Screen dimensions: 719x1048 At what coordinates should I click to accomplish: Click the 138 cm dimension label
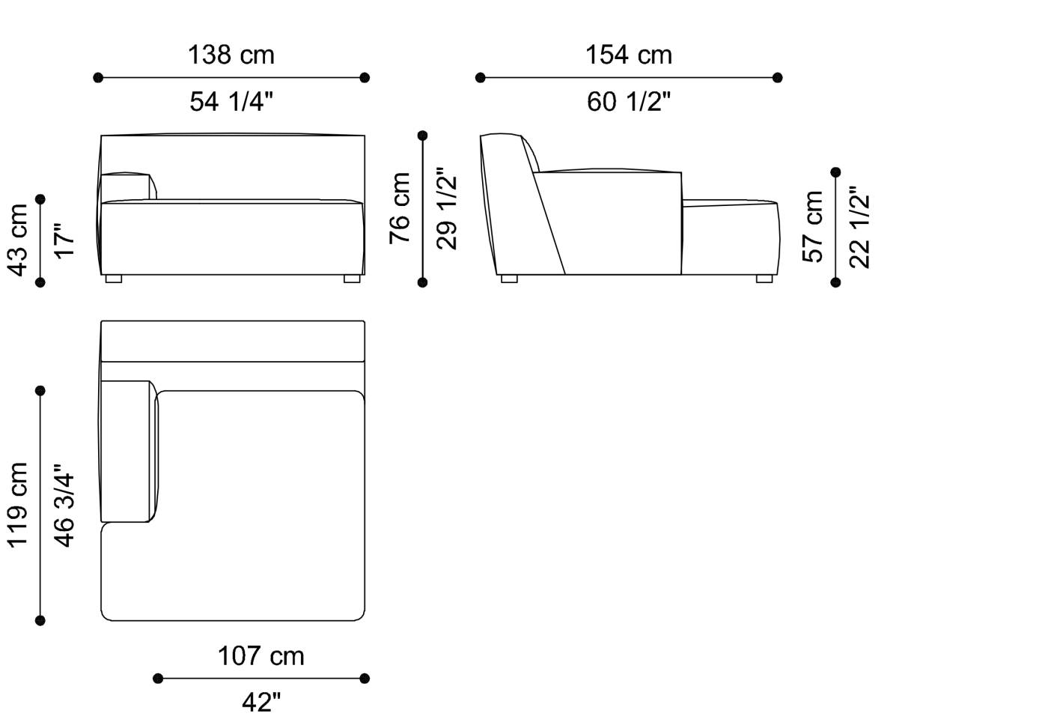click(231, 55)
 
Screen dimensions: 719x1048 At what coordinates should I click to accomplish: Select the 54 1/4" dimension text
click(231, 101)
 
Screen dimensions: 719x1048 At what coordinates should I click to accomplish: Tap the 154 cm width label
click(628, 55)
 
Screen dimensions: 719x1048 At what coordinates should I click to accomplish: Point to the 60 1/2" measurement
click(628, 101)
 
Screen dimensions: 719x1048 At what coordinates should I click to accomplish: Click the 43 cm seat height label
click(18, 240)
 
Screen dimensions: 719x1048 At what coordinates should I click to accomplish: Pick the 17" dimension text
click(64, 240)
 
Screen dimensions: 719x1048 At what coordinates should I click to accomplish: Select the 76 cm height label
click(400, 208)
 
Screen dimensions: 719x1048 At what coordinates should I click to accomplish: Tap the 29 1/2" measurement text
click(447, 208)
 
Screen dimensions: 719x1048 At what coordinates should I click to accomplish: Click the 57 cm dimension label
click(813, 226)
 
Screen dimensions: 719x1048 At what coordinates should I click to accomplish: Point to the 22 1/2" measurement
click(860, 226)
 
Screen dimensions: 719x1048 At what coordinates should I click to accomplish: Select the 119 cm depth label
click(18, 505)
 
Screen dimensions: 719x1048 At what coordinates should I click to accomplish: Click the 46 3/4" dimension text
click(64, 505)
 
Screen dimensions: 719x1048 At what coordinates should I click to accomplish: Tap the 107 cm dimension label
click(261, 656)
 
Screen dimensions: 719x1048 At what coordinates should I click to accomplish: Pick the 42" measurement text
click(261, 703)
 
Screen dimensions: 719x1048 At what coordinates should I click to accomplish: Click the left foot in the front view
click(114, 279)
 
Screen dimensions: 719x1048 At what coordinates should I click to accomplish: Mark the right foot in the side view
click(764, 279)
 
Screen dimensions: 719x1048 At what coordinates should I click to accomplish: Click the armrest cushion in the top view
click(127, 451)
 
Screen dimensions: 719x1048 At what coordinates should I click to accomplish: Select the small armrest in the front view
click(127, 186)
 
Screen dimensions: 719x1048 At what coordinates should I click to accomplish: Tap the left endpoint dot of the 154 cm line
click(480, 77)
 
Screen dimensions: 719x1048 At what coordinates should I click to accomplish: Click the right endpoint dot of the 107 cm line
click(365, 679)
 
